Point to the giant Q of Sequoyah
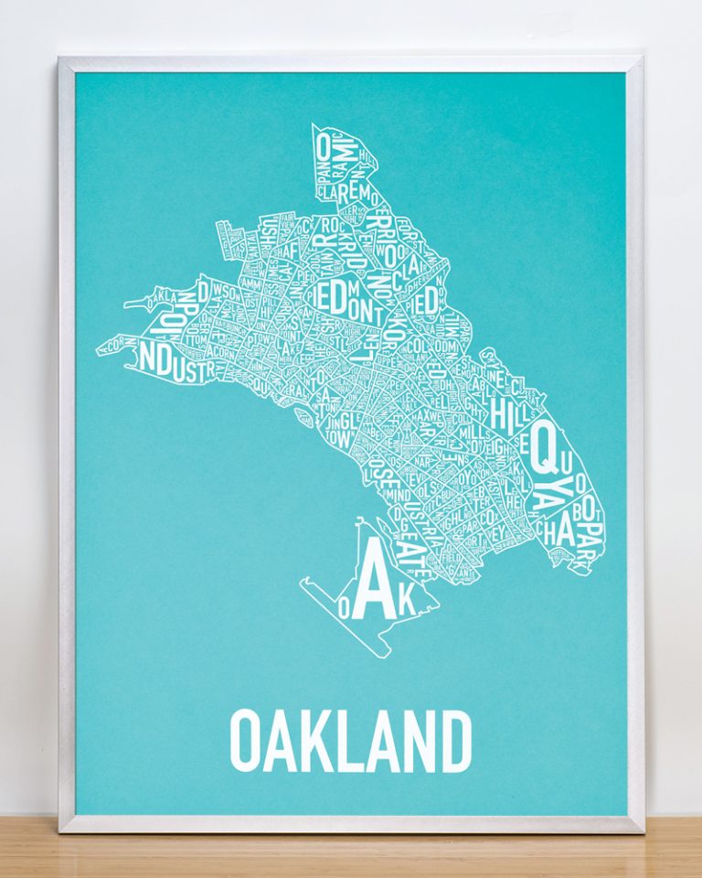(x=545, y=445)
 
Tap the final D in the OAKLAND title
(x=455, y=741)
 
